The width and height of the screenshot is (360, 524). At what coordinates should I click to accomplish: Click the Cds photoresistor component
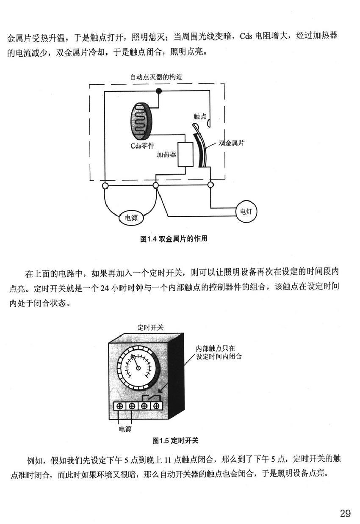pos(141,121)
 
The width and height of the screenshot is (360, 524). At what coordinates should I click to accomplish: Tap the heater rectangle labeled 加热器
pos(186,154)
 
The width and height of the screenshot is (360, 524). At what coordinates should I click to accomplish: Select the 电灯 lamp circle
pos(246,212)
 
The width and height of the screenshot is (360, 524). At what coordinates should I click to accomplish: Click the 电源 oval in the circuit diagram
pos(131,218)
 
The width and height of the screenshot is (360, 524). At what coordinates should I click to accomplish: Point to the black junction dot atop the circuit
pos(159,91)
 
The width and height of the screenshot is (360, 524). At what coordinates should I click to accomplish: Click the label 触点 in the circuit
pos(199,116)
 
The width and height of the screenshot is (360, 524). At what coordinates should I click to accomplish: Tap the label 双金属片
pos(231,143)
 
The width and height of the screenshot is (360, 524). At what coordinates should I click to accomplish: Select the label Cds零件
pos(142,146)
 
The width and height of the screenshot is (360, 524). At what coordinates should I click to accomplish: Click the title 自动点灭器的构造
pos(156,77)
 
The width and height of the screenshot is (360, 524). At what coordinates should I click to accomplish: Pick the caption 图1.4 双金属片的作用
pos(174,239)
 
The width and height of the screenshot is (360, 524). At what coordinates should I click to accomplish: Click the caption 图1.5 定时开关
pos(175,441)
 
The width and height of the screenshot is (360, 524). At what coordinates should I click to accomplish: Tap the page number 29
pos(345,513)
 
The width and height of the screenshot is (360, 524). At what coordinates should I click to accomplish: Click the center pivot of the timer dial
pos(138,368)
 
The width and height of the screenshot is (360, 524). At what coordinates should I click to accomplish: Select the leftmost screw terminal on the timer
pos(119,406)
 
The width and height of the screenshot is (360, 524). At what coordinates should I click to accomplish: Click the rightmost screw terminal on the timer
pos(156,406)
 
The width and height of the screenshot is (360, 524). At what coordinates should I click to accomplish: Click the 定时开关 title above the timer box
pos(150,328)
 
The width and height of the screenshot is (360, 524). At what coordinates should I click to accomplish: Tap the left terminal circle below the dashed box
pos(105,186)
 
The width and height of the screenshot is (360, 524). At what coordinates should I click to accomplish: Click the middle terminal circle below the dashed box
pos(156,186)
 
